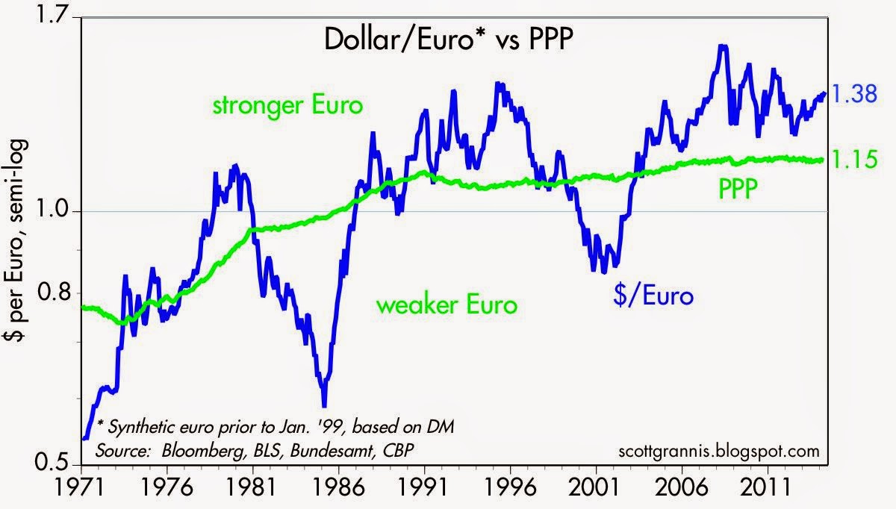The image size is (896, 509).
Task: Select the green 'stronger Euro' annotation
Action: [x=288, y=105]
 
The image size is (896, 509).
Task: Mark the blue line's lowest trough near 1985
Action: [x=324, y=404]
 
